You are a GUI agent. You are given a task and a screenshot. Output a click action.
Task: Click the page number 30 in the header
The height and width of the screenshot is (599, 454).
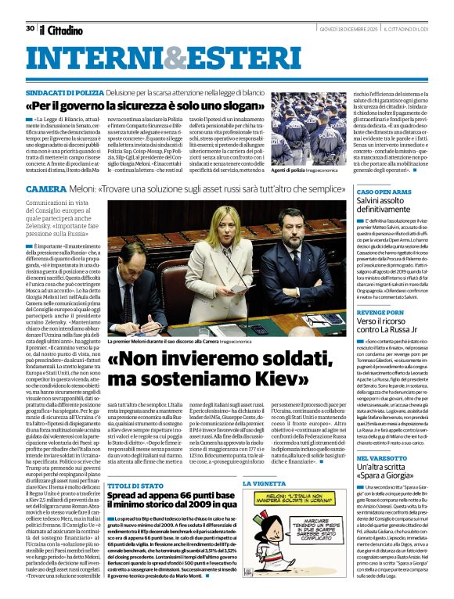click(x=30, y=28)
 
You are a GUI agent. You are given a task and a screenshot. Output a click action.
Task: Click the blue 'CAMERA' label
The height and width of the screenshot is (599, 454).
click(x=45, y=190)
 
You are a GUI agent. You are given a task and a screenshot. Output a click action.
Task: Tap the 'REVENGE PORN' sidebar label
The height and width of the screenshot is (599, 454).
click(x=380, y=311)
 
